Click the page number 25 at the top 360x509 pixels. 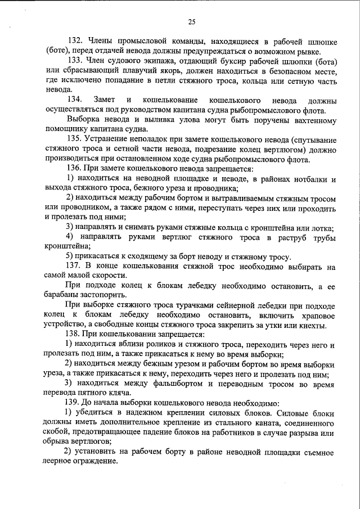click(191, 22)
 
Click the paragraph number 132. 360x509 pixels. click(76, 42)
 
